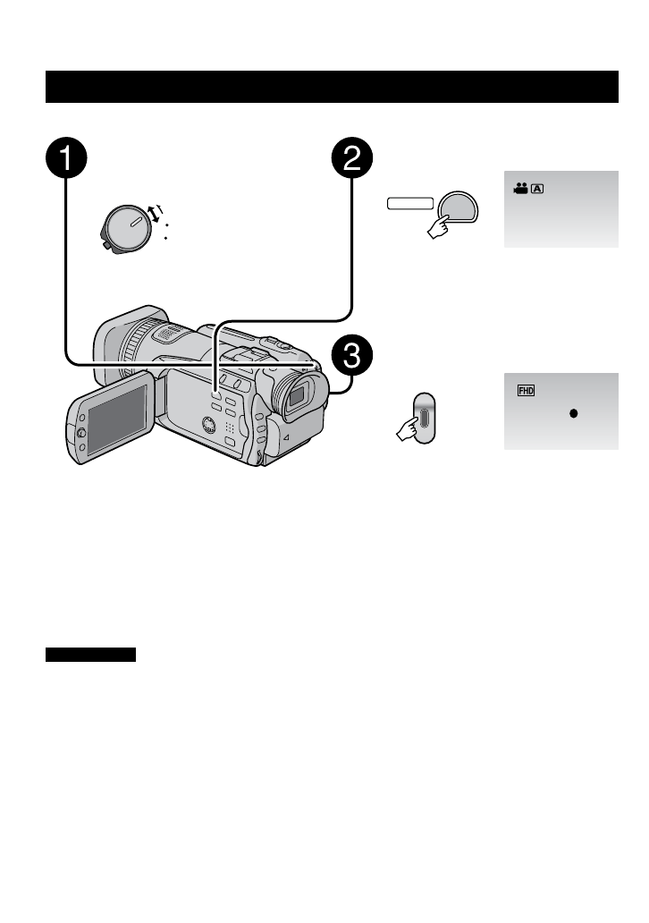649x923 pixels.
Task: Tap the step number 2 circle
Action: tap(352, 159)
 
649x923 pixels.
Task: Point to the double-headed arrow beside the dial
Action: tap(156, 214)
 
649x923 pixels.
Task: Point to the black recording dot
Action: tap(574, 414)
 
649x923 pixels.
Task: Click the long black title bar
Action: tap(333, 88)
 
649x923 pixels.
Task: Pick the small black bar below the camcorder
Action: tap(90, 656)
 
